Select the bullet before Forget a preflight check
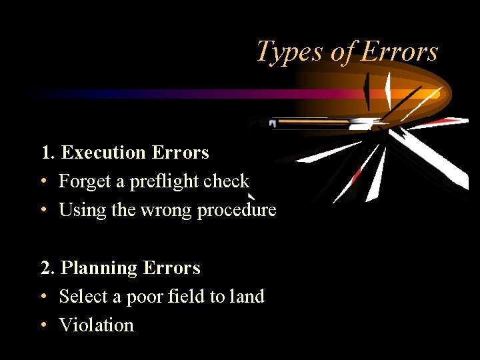point(43,181)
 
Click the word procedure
point(236,210)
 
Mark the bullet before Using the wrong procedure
point(43,210)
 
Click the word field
point(187,297)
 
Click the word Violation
point(97,325)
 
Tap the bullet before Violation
point(43,325)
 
